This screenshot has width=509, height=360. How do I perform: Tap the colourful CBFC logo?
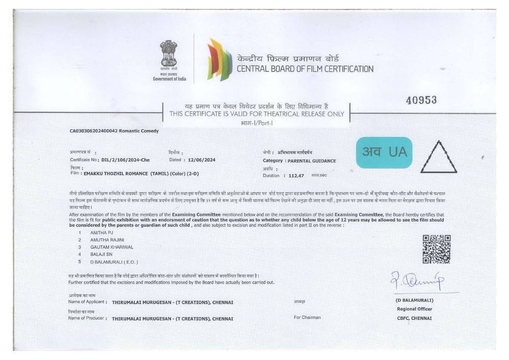pos(219,60)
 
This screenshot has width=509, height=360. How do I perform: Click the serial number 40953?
pos(421,100)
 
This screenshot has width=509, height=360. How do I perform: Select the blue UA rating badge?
pos(384,152)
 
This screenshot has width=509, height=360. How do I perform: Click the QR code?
pos(436,249)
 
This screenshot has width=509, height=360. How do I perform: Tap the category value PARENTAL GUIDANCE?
pos(312,161)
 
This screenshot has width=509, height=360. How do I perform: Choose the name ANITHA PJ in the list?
pos(101,232)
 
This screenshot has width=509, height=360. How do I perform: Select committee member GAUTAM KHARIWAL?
pos(111,246)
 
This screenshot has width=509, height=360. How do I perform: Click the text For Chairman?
pos(307,317)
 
